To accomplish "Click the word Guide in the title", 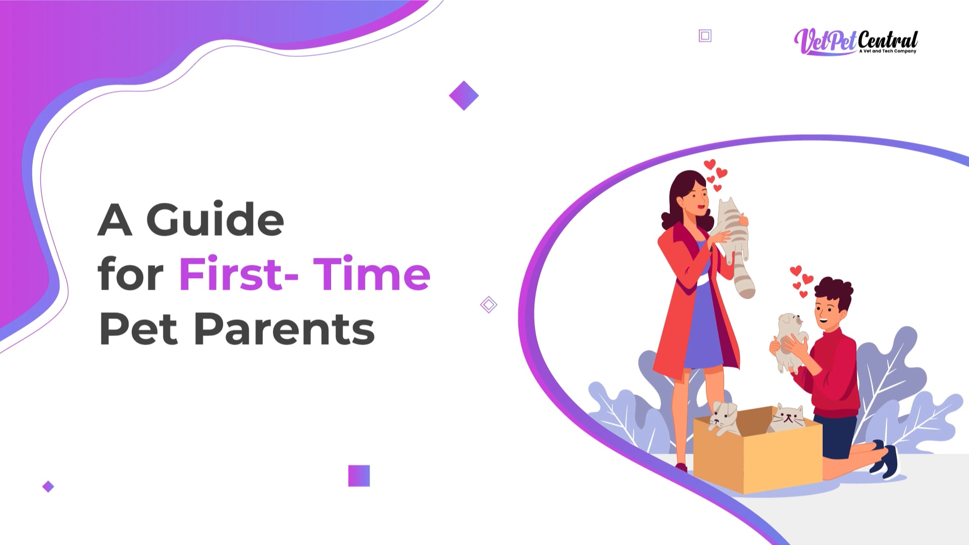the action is [215, 220].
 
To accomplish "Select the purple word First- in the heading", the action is [239, 274].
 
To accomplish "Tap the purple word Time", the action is [372, 274].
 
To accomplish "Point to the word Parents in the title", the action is [284, 329].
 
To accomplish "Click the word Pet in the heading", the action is [139, 329].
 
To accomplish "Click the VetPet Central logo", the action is [856, 42].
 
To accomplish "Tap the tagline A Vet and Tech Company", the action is [888, 51].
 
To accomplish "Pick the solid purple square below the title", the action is [359, 476].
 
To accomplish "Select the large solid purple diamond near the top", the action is [464, 95].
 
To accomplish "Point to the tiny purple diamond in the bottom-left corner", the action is [48, 486].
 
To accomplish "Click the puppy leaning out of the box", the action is [724, 418].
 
